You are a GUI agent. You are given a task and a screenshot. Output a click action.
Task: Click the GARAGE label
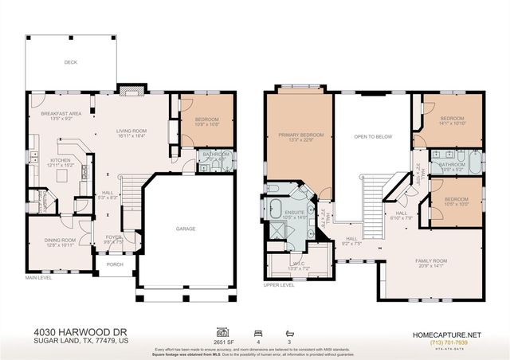(186, 229)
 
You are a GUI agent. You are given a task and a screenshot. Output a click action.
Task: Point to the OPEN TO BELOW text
(373, 136)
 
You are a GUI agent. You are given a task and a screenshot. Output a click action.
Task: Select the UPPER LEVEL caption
(279, 284)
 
